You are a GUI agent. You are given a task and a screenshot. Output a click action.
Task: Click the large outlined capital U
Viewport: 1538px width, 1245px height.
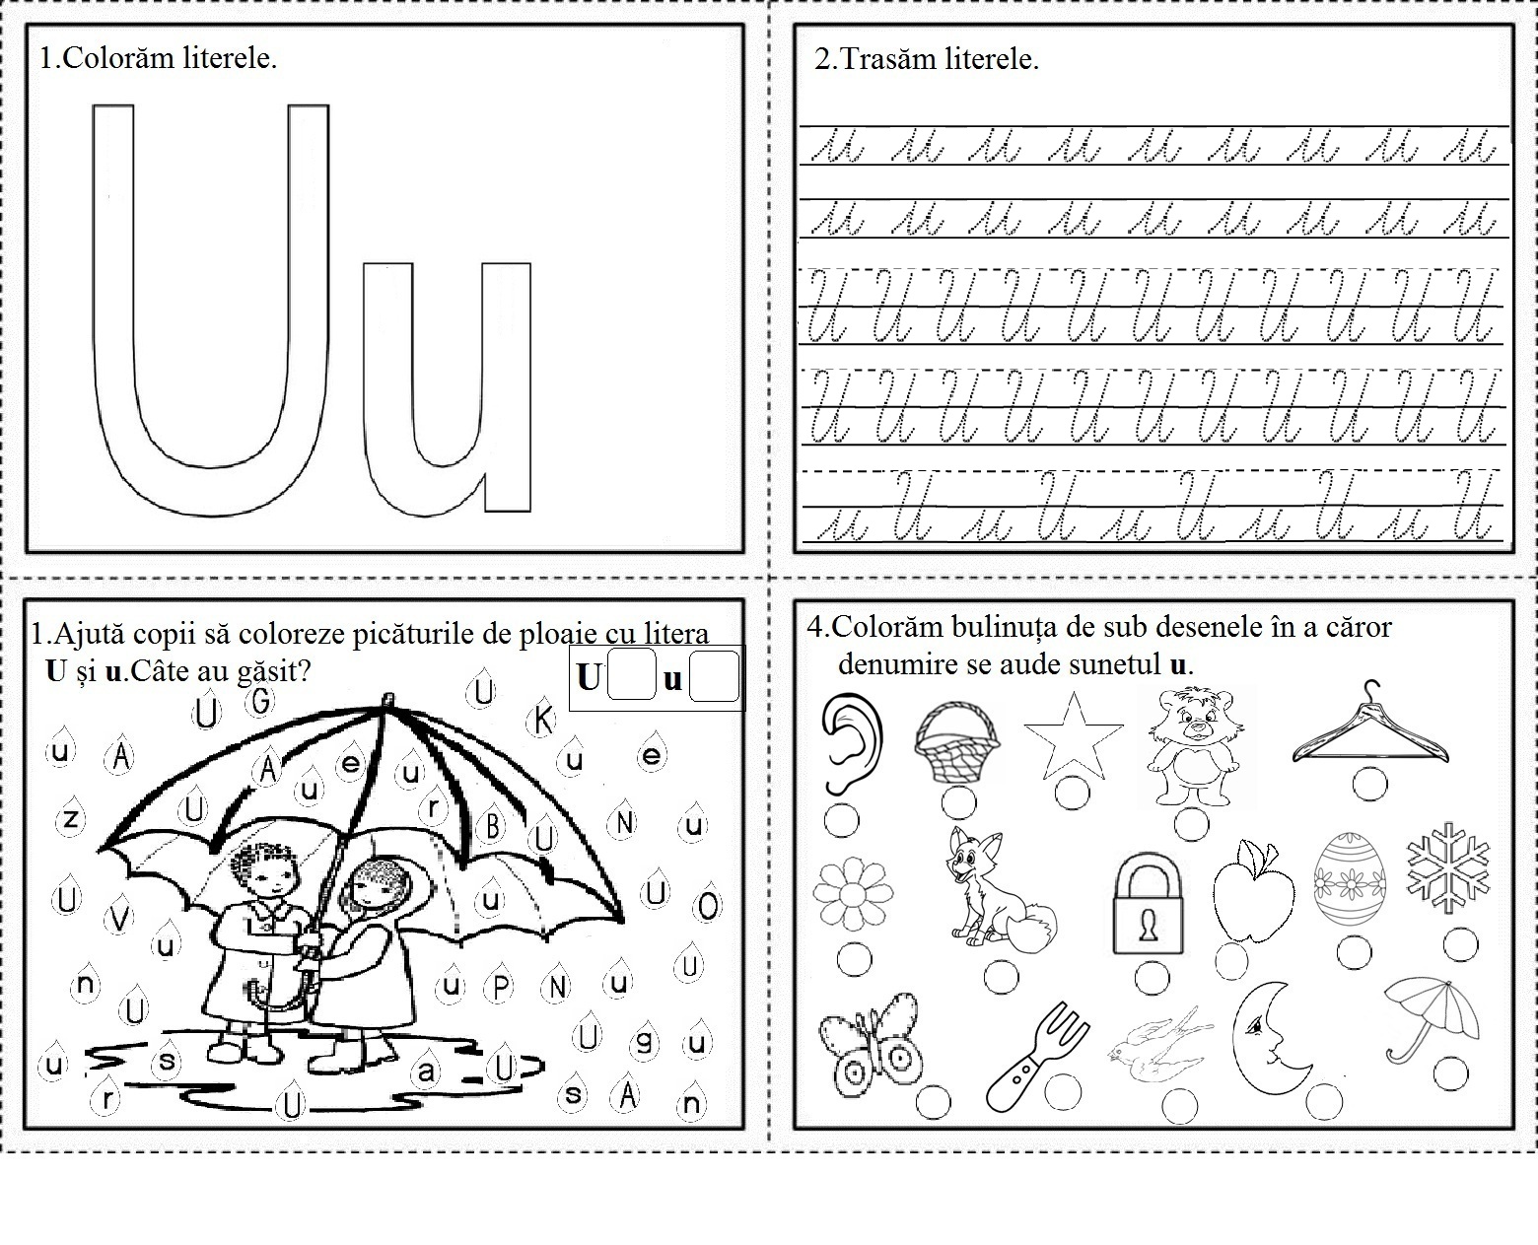click(113, 394)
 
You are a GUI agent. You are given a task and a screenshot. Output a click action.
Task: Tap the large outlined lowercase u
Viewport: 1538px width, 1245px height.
click(508, 394)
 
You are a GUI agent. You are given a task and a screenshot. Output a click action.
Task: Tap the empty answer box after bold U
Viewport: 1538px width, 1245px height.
click(631, 676)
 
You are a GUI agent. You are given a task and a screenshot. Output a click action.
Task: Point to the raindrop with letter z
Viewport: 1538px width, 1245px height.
click(72, 817)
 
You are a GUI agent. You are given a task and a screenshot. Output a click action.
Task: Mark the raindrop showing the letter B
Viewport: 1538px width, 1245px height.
click(492, 824)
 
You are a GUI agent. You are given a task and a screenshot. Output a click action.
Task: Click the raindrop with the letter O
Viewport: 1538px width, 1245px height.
click(708, 904)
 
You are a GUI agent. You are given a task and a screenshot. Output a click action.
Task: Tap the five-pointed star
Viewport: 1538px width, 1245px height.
click(1073, 735)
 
